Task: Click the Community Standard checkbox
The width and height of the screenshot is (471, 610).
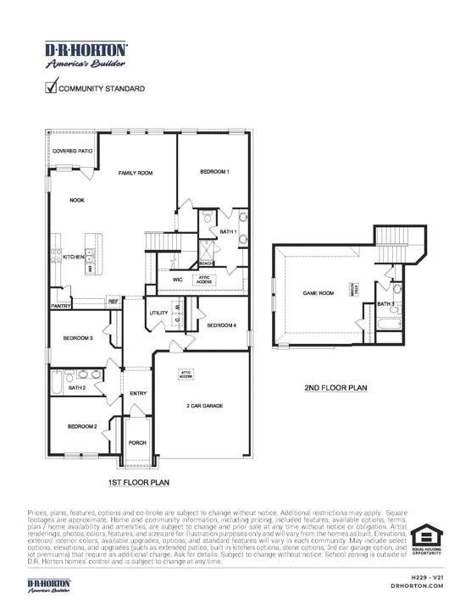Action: (51, 86)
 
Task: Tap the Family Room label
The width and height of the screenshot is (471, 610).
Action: (135, 173)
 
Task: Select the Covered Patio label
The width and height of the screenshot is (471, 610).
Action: (72, 151)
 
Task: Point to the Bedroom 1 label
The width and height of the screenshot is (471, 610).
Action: (214, 172)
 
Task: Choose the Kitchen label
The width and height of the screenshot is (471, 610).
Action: (73, 257)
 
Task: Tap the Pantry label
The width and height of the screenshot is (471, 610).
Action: (60, 305)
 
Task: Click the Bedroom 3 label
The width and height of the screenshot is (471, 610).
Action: (78, 339)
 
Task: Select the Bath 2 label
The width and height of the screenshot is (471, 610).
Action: (77, 387)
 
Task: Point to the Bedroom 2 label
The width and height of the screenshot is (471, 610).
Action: (82, 426)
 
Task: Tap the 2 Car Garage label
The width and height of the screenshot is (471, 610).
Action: (204, 406)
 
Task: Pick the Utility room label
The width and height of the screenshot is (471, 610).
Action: (159, 313)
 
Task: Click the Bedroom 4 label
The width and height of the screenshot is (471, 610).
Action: (222, 325)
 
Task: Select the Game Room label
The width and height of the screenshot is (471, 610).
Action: (319, 293)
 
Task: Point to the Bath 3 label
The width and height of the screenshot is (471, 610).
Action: (385, 303)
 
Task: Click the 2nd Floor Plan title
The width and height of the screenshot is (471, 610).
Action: (335, 388)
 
